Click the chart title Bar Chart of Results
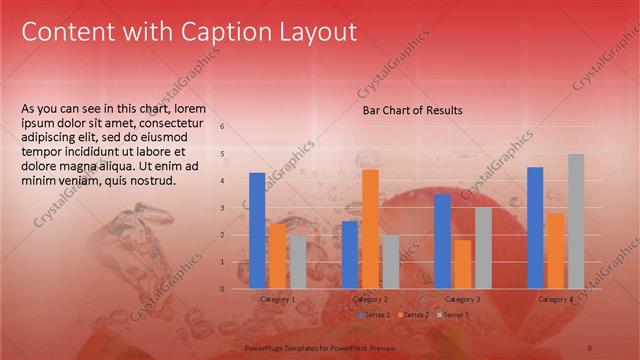pyautogui.click(x=412, y=110)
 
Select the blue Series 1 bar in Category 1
pyautogui.click(x=257, y=230)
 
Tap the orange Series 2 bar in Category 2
pyautogui.click(x=370, y=229)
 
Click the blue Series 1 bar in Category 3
pyautogui.click(x=442, y=241)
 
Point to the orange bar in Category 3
pyautogui.click(x=462, y=264)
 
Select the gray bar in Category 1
pyautogui.click(x=298, y=262)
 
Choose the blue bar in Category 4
pyautogui.click(x=535, y=228)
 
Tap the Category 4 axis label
pyautogui.click(x=555, y=299)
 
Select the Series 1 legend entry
pyautogui.click(x=378, y=315)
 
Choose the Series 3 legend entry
pyautogui.click(x=455, y=315)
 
